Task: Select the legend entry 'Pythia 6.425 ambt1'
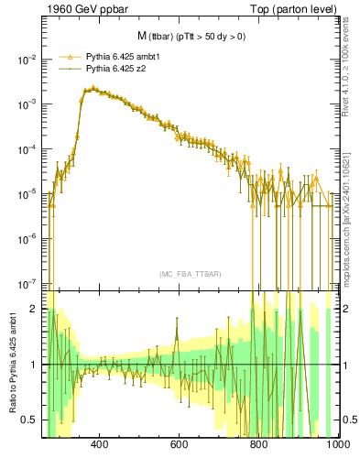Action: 123,56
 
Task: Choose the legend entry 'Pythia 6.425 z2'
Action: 115,68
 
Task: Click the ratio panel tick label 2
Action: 36,309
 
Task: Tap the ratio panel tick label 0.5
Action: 31,420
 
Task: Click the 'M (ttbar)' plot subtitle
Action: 186,36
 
